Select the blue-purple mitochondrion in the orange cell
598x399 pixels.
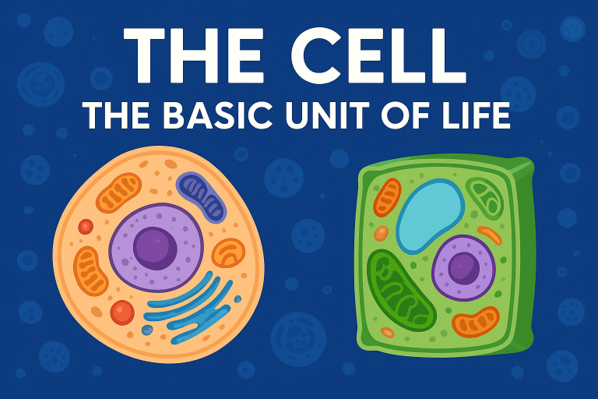[x=200, y=196]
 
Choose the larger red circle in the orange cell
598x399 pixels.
[x=122, y=312]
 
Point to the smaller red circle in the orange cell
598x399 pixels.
[x=86, y=227]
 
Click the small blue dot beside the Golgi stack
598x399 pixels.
[x=147, y=330]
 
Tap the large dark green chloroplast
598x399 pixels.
[x=401, y=289]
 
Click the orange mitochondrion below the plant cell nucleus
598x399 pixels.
[x=476, y=321]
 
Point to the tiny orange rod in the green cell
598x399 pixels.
[x=490, y=235]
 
